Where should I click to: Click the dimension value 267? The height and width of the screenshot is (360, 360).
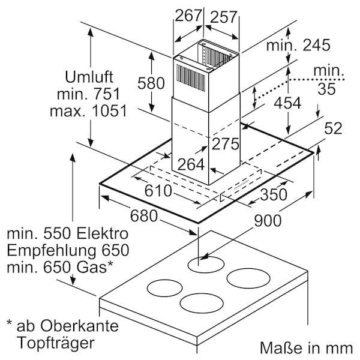(188, 16)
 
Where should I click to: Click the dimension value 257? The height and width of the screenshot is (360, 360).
(223, 17)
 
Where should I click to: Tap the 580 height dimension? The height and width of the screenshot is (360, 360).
(151, 83)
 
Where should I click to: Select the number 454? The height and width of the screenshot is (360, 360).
(287, 103)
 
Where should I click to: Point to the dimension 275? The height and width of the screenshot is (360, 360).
(225, 144)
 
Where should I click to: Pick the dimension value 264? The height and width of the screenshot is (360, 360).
(191, 164)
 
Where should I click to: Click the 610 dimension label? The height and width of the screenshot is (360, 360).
(158, 190)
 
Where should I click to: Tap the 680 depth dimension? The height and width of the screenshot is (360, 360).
(144, 216)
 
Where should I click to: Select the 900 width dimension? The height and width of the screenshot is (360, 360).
(268, 221)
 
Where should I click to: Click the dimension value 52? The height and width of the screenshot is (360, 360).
(333, 128)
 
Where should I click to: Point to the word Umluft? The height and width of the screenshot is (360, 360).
(89, 77)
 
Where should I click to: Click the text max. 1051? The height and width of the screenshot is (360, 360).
(88, 111)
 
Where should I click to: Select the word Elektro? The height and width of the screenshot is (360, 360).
(102, 233)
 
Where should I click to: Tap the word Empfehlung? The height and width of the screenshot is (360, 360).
(51, 251)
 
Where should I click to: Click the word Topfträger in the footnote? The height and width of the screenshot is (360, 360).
(56, 343)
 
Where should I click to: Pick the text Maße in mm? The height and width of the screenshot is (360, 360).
(306, 348)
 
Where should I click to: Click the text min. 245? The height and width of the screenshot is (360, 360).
(298, 45)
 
